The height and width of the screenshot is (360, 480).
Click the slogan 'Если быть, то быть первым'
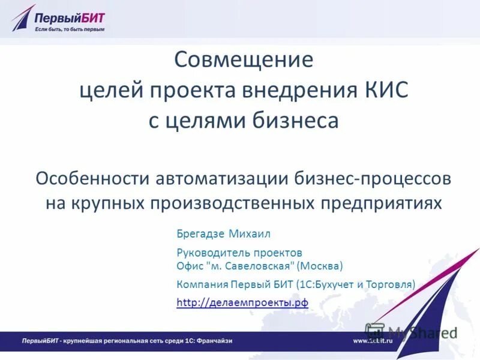click(x=70, y=29)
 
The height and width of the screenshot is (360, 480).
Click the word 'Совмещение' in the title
click(x=244, y=60)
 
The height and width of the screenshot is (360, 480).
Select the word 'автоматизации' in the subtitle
click(x=222, y=178)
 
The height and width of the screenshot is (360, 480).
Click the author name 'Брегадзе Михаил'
click(x=220, y=233)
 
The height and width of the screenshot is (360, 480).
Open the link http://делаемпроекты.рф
click(x=242, y=303)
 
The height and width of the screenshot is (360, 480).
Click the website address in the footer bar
click(x=372, y=341)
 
